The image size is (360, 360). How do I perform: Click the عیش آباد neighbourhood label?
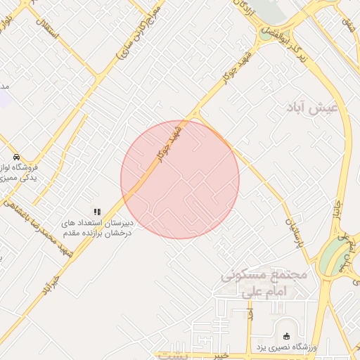[x=313, y=108]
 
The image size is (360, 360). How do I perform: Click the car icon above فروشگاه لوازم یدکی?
[x=16, y=156]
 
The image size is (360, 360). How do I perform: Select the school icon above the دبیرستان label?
[x=97, y=211]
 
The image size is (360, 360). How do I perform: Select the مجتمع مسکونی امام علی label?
[x=264, y=281]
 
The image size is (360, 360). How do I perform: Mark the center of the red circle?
[x=180, y=179]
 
